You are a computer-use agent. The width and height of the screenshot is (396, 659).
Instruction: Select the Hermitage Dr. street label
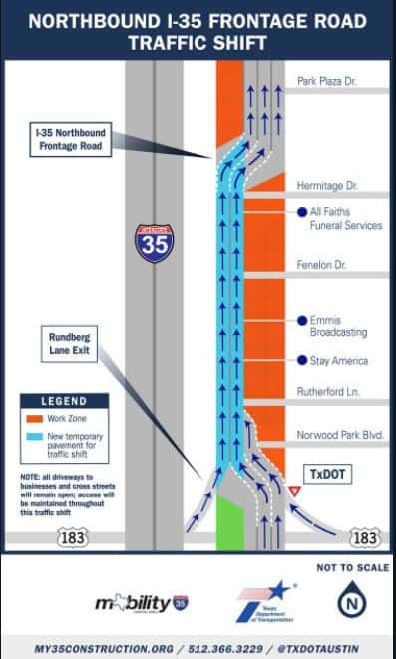pyautogui.click(x=327, y=186)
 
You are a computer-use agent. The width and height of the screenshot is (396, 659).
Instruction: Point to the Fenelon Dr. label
pyautogui.click(x=324, y=266)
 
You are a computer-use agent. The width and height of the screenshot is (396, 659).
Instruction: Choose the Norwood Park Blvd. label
pyautogui.click(x=340, y=436)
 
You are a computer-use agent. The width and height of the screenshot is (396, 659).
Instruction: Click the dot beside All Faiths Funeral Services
pyautogui.click(x=300, y=212)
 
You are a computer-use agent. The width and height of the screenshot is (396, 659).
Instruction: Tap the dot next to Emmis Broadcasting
pyautogui.click(x=300, y=320)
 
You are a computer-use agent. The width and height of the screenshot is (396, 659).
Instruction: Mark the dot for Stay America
pyautogui.click(x=300, y=360)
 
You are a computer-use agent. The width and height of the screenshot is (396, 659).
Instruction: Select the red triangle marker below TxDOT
pyautogui.click(x=295, y=493)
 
